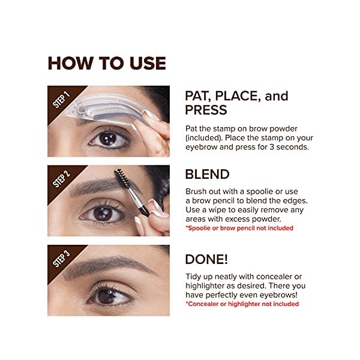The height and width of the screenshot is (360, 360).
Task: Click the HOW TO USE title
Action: [x=107, y=63]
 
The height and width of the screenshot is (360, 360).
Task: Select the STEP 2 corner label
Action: [x=62, y=178]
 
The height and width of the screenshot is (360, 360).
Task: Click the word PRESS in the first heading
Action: [x=206, y=110]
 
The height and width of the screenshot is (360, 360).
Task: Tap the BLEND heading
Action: [x=207, y=175]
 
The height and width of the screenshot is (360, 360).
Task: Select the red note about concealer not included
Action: [x=242, y=304]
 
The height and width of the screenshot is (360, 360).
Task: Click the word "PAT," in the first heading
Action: [x=200, y=96]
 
